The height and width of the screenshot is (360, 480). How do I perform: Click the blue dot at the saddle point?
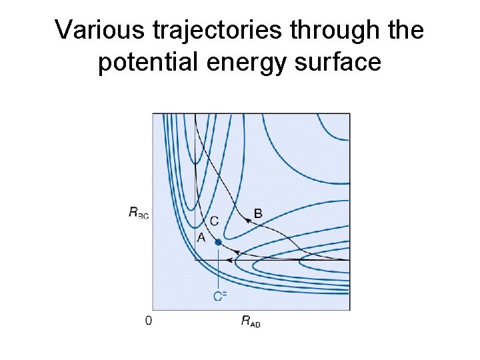tap(218, 243)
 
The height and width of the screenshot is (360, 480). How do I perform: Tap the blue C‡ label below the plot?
tap(220, 296)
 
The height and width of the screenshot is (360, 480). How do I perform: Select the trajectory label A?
tap(200, 237)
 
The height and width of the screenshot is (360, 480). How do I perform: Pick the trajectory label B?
tap(258, 213)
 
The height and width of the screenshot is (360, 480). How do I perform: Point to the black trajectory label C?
tap(214, 221)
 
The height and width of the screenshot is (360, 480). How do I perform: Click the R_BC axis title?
tap(139, 213)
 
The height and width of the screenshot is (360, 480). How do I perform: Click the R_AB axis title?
tap(251, 321)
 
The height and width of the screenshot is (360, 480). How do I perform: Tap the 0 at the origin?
tap(148, 321)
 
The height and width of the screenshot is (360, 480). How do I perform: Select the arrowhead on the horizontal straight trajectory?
tap(229, 260)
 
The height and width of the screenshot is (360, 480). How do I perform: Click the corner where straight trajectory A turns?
tap(195, 260)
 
